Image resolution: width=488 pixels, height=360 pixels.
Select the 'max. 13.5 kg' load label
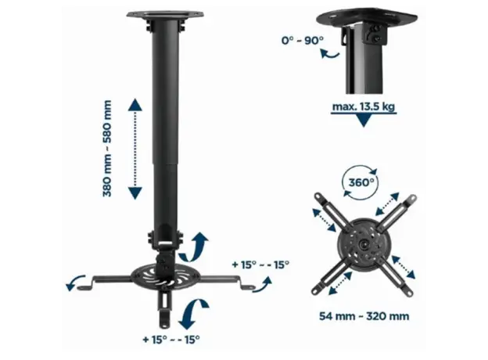pos(363,106)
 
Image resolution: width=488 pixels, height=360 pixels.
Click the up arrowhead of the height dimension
pos(135,106)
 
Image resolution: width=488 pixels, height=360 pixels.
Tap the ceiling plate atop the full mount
pos(165,15)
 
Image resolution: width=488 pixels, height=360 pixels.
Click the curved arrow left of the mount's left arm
pos(76,282)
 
